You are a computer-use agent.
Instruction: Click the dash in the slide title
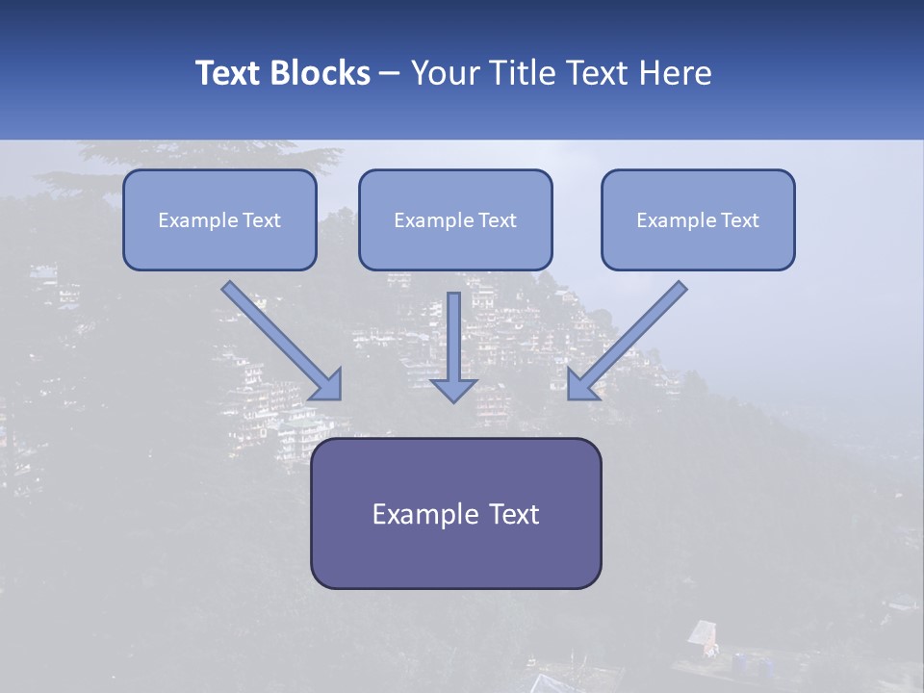390,73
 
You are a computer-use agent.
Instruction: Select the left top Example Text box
219,220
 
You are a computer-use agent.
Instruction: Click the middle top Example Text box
455,220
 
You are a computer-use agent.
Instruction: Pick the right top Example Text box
698,220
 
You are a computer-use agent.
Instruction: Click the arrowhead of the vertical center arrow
453,389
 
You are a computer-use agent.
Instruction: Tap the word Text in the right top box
740,220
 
